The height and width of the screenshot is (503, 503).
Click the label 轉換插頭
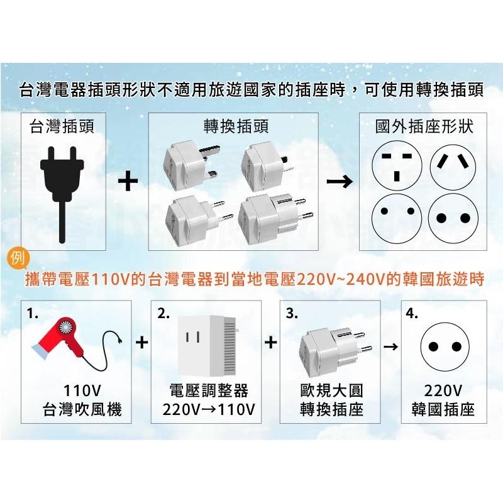coord(236,127)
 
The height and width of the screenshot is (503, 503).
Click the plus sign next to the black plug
coord(128,182)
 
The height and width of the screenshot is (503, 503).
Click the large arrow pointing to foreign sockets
coord(340,182)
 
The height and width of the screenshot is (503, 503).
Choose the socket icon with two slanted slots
coord(453,162)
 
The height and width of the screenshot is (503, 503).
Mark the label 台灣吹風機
coord(82,411)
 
